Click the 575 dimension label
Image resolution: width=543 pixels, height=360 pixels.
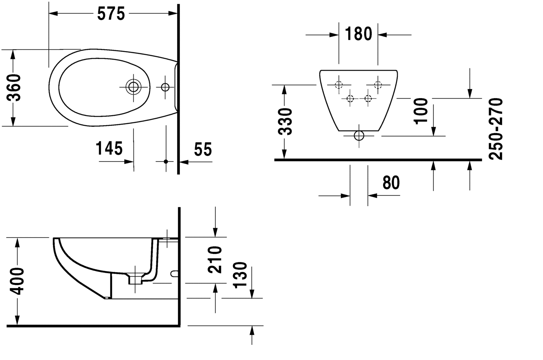111,14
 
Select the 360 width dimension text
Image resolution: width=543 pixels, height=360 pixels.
14,88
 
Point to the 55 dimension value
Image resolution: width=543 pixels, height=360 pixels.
203,149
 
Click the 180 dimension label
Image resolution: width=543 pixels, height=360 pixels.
358,34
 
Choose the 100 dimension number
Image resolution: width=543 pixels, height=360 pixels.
421,111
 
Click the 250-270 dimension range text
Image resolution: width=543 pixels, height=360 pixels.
495,129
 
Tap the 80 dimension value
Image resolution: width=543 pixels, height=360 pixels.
391,183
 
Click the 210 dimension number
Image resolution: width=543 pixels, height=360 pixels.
215,260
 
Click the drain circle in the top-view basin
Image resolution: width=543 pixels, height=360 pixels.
133,87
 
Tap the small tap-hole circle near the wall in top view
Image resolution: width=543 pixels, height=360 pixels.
165,87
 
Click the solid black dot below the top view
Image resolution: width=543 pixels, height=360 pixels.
165,162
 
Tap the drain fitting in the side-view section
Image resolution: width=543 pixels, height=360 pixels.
135,279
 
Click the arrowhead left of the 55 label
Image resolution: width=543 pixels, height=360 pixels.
183,162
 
